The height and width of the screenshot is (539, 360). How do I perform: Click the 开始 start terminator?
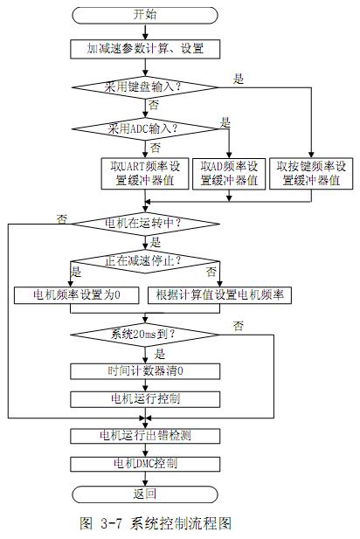coord(145,15)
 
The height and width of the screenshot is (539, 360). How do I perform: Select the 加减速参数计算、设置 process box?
coord(145,49)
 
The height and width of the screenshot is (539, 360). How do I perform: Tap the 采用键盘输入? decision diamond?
coord(145,87)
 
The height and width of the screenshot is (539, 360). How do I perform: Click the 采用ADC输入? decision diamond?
coord(145,129)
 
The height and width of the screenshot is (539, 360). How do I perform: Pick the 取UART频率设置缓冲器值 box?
coord(145,174)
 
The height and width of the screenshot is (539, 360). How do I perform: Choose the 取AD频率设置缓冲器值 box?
coord(229,174)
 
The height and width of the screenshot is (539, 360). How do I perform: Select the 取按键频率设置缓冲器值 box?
coord(311,174)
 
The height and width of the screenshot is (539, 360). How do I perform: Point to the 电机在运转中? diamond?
coord(145,224)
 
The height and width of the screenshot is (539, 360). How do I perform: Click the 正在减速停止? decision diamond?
coord(145,261)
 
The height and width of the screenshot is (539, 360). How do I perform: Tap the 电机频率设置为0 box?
coord(76,295)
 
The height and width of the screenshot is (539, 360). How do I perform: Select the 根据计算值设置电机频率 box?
coord(219,295)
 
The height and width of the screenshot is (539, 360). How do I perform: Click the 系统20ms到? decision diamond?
coord(145,335)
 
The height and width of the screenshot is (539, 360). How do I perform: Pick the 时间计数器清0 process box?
coord(145,371)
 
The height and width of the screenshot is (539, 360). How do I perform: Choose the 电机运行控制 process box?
coord(145,399)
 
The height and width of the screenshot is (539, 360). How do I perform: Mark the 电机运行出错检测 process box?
coord(145,436)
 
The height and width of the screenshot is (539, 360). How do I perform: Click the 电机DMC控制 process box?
coord(145,464)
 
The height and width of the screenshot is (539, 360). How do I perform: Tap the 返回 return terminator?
coord(145,494)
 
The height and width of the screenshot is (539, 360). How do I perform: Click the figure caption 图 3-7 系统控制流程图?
coord(156,523)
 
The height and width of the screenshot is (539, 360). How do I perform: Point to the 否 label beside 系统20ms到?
coord(238,325)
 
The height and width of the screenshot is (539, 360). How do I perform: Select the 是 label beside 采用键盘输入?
coord(238,79)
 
